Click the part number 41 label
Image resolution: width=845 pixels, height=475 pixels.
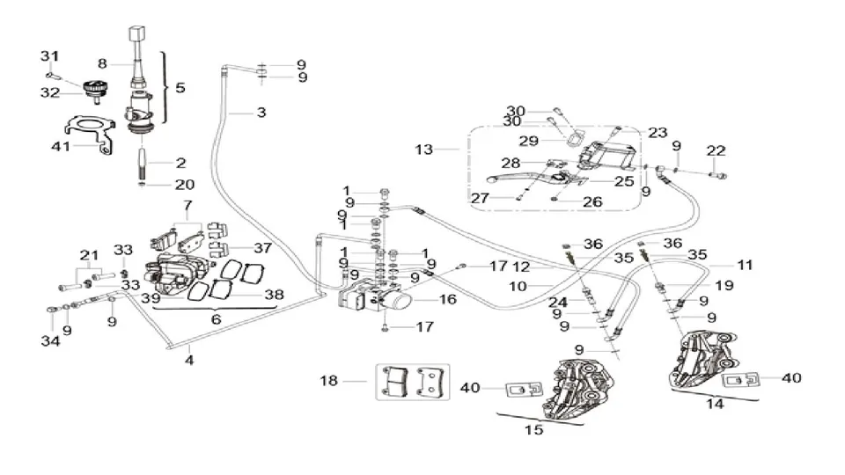click(x=61, y=146)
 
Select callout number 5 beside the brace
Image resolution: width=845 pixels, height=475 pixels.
click(x=180, y=87)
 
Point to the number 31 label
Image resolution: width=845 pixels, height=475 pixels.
click(x=49, y=56)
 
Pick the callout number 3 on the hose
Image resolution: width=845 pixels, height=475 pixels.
click(x=261, y=113)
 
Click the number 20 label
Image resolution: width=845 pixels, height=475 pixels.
click(x=184, y=184)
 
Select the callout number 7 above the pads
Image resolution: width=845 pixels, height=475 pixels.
click(x=187, y=205)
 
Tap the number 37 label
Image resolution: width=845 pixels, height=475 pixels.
click(x=263, y=248)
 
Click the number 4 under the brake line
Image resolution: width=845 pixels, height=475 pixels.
click(x=189, y=360)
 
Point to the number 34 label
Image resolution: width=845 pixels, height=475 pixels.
click(x=51, y=341)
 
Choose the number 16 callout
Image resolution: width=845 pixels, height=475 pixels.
click(x=448, y=299)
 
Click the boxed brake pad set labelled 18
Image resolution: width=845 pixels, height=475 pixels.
click(x=413, y=382)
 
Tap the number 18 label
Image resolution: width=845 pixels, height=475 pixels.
click(x=328, y=381)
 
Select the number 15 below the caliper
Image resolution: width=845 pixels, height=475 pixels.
click(x=533, y=430)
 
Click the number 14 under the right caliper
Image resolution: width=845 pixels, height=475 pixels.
click(x=715, y=404)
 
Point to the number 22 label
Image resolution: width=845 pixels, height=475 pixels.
click(x=716, y=150)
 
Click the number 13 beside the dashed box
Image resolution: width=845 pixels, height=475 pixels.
click(x=424, y=150)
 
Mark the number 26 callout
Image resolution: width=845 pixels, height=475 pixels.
click(x=592, y=202)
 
